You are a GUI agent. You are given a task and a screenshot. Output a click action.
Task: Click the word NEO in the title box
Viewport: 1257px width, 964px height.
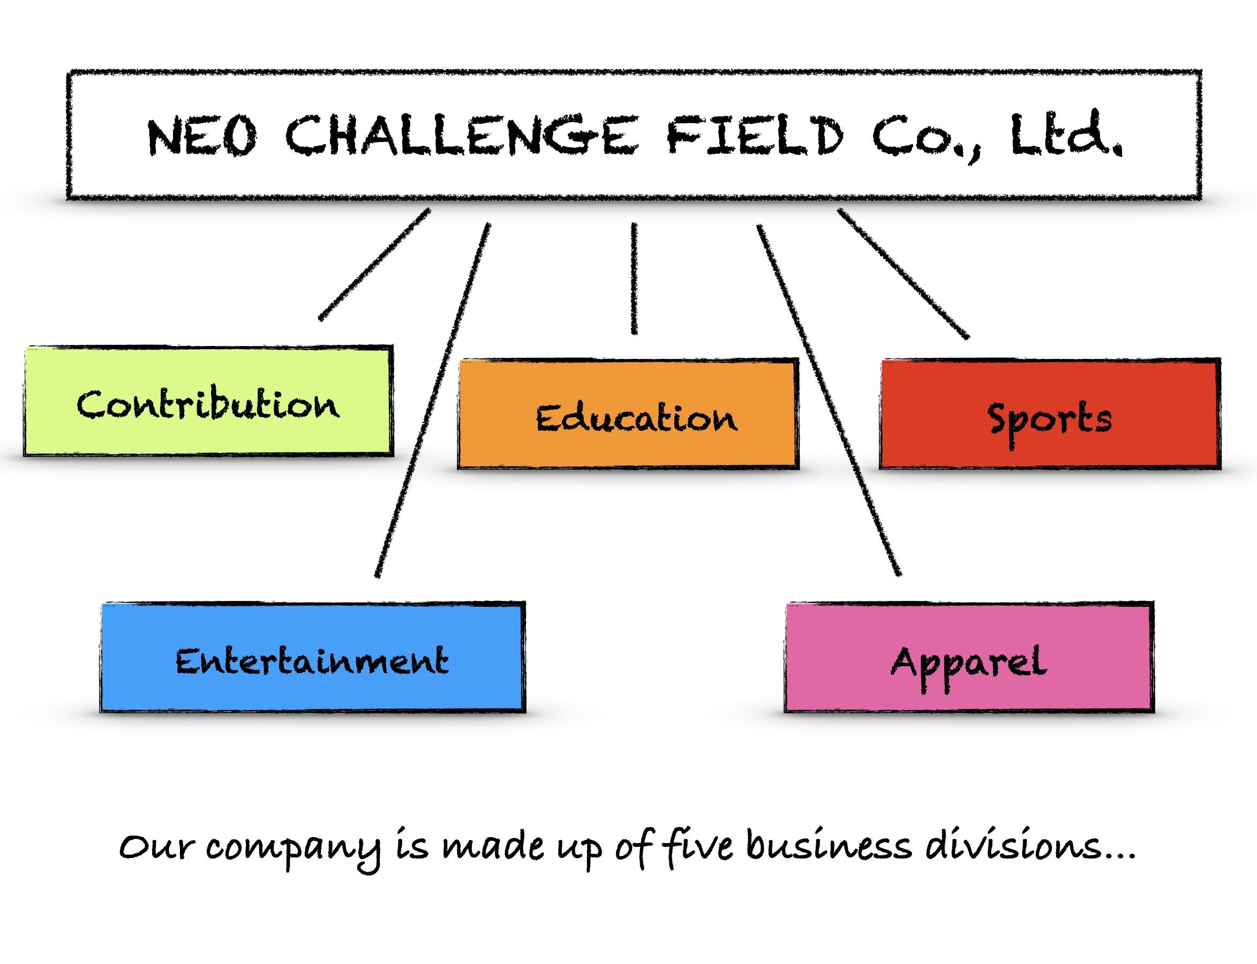[201, 136]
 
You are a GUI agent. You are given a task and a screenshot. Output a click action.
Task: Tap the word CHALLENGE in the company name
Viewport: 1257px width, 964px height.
[461, 136]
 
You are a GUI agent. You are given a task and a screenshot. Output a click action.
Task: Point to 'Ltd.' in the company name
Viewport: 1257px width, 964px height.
[1065, 135]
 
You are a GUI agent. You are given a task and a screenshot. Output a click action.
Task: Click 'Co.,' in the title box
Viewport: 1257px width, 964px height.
[925, 138]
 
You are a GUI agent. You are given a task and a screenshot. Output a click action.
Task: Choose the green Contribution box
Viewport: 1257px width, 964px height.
[208, 402]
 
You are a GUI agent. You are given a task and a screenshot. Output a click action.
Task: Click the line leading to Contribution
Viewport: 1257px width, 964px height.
[374, 265]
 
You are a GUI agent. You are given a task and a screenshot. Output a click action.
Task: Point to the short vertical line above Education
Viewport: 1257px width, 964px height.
[634, 278]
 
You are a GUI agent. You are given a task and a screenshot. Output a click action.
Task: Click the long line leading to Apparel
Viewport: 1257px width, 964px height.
[829, 400]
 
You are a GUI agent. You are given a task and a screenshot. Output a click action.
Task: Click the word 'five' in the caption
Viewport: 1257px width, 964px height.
[698, 847]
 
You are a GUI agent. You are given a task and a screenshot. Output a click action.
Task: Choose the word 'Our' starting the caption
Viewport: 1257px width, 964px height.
[156, 847]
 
